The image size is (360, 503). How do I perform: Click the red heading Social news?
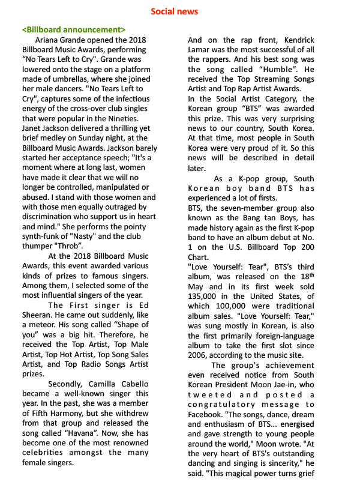click(174, 11)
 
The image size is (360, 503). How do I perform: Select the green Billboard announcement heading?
click(73, 29)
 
